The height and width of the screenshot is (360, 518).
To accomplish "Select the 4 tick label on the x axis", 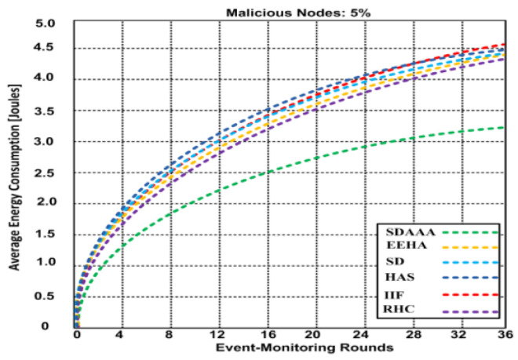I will pyautogui.click(x=121, y=335).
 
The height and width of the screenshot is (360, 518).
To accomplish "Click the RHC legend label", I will pyautogui.click(x=400, y=311).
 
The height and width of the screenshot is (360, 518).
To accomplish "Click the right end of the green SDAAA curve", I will pyautogui.click(x=501, y=127).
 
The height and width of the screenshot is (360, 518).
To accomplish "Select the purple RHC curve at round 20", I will pyautogui.click(x=316, y=109).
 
